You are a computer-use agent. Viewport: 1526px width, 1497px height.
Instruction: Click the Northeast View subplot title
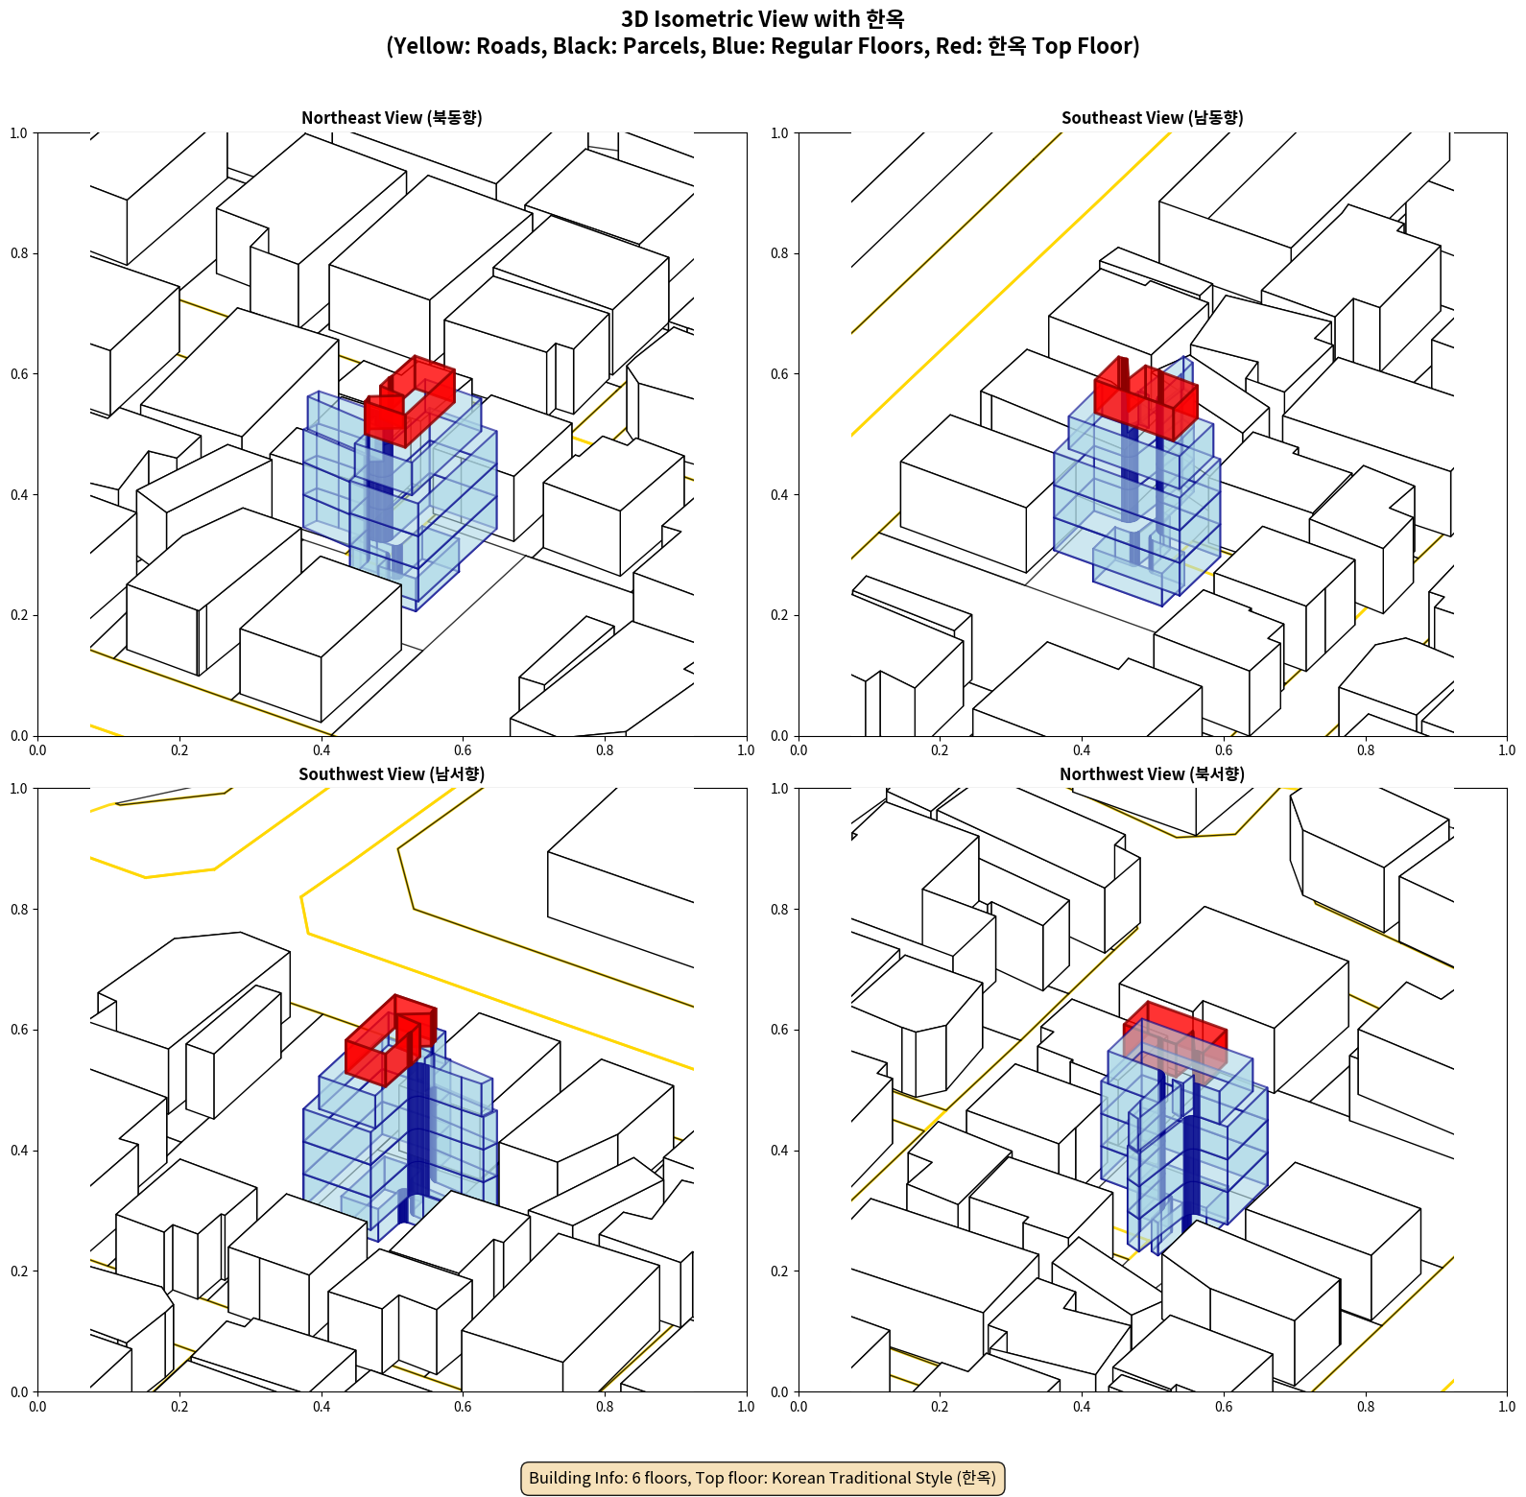[392, 118]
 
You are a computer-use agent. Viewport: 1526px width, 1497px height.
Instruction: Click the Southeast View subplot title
[1152, 118]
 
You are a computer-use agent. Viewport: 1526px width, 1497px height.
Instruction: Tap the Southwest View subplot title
[392, 774]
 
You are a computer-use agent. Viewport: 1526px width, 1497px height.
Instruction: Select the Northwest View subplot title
[1152, 774]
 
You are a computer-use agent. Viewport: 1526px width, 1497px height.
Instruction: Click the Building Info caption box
[763, 1478]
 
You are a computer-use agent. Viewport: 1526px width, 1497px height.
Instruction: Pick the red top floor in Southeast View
[1145, 398]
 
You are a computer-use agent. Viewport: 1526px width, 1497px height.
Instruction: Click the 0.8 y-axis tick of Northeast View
[19, 253]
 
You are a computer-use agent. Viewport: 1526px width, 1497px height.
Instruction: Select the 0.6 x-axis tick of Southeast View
[1224, 750]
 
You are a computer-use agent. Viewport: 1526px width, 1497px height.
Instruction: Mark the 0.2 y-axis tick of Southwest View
[19, 1271]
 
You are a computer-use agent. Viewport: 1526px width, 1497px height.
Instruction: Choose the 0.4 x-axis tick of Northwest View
[1082, 1407]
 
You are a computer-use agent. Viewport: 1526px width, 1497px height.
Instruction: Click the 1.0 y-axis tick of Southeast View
[779, 133]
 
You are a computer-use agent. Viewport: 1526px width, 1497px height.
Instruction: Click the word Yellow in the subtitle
[426, 46]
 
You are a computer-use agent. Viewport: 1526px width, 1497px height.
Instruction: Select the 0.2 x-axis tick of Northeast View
[179, 750]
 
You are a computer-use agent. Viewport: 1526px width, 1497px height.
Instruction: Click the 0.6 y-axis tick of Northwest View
[779, 1030]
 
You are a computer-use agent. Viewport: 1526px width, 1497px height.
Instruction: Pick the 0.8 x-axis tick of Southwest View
[605, 1407]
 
